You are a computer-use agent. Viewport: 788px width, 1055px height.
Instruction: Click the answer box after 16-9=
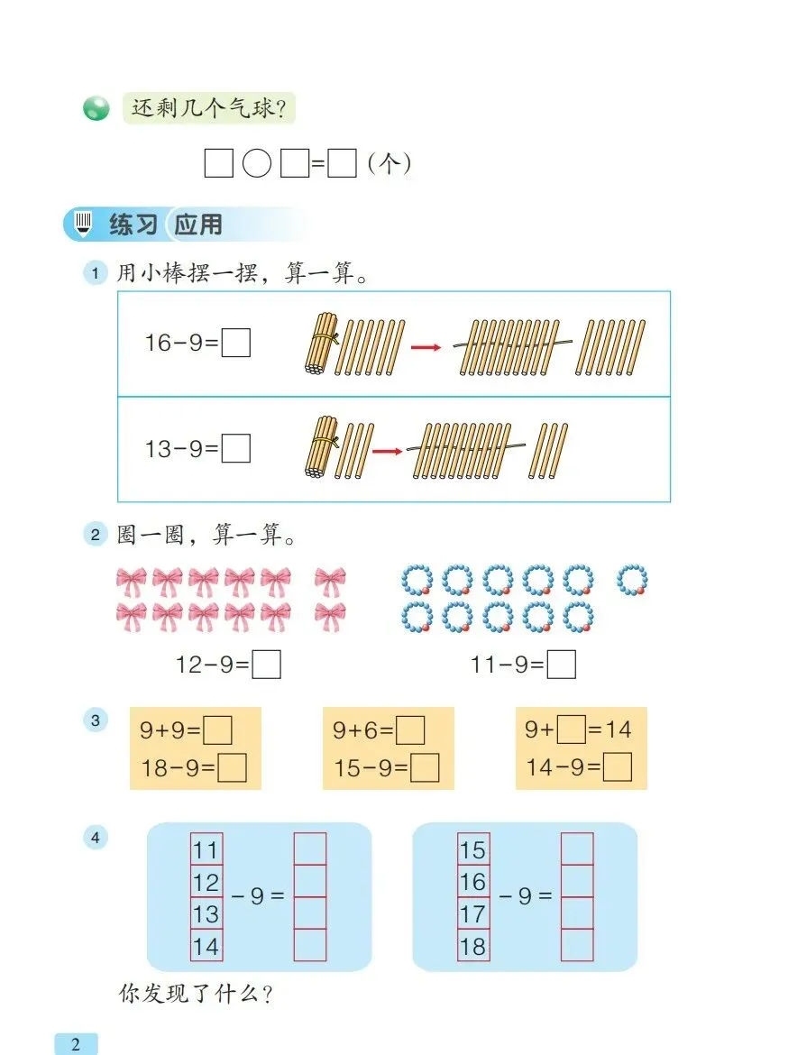[236, 344]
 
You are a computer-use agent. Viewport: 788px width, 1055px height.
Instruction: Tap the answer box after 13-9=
[236, 448]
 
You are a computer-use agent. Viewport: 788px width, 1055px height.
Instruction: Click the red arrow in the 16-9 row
[426, 346]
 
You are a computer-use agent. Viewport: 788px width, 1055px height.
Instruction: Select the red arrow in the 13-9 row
[387, 450]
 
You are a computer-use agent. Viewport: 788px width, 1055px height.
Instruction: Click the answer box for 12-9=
[266, 665]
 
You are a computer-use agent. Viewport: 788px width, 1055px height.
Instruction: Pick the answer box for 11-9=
[562, 665]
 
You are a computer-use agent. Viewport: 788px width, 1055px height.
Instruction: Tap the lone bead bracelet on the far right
[633, 579]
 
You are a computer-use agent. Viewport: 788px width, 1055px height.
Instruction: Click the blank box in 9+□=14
[571, 729]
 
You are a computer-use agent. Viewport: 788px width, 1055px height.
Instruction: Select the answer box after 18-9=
[233, 767]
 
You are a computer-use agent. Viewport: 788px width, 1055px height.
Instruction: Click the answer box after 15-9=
[426, 767]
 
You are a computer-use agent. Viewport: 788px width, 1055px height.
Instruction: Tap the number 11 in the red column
[206, 849]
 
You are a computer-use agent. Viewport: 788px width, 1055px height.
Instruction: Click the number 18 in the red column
[472, 946]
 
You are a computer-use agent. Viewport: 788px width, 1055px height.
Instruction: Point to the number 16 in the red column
[472, 881]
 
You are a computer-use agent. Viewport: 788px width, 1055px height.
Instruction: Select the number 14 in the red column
[206, 946]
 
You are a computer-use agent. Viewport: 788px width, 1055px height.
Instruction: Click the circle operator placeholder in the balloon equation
[257, 165]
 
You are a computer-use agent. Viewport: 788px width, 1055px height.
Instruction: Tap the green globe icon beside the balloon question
[96, 110]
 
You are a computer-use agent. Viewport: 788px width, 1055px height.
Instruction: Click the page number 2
[76, 1044]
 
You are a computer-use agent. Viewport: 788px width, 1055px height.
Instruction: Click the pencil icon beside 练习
[84, 223]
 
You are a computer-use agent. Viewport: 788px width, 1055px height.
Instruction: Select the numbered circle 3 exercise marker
[96, 720]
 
